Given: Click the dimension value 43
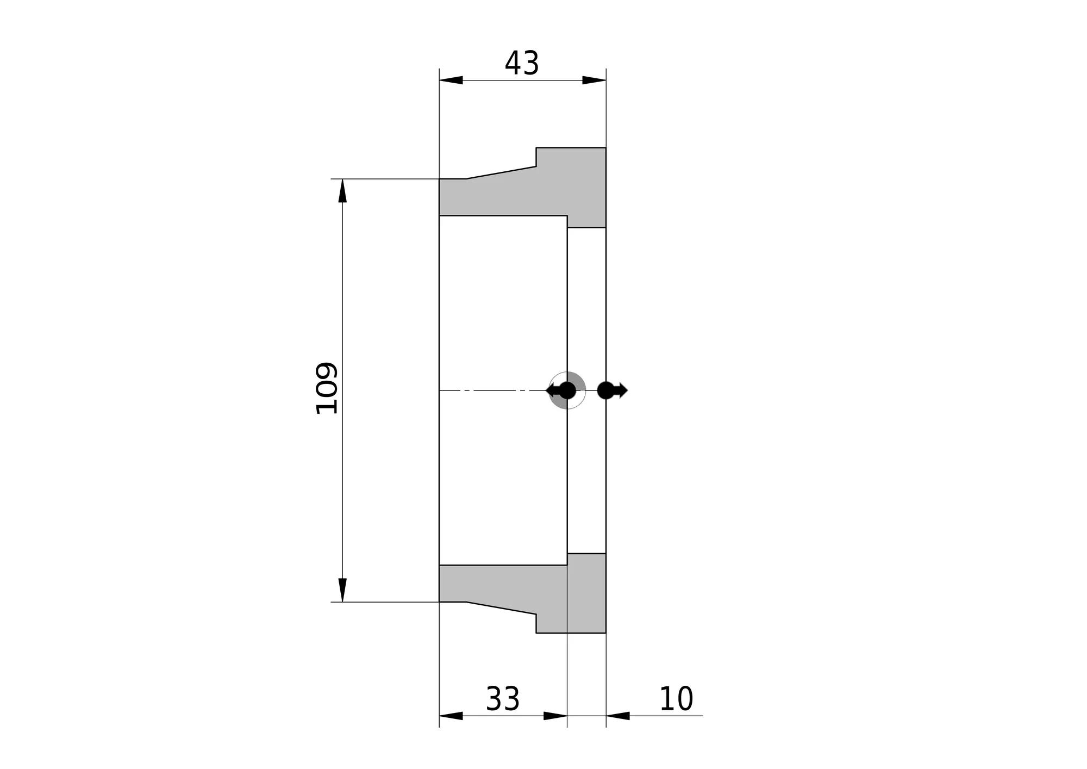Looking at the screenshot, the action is (x=522, y=63).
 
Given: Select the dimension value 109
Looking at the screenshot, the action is (x=327, y=388).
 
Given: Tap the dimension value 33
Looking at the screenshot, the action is (x=502, y=699).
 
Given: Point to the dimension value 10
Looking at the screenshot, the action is (x=676, y=699).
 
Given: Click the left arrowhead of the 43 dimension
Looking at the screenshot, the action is (x=451, y=80).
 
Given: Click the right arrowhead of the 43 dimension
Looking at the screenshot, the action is (x=594, y=80).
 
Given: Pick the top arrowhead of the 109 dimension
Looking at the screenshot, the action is (x=342, y=191).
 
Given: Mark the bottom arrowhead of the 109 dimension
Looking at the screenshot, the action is (x=342, y=590).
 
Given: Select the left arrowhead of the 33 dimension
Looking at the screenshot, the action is (x=451, y=716).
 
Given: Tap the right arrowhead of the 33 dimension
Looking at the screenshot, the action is (x=555, y=716).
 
